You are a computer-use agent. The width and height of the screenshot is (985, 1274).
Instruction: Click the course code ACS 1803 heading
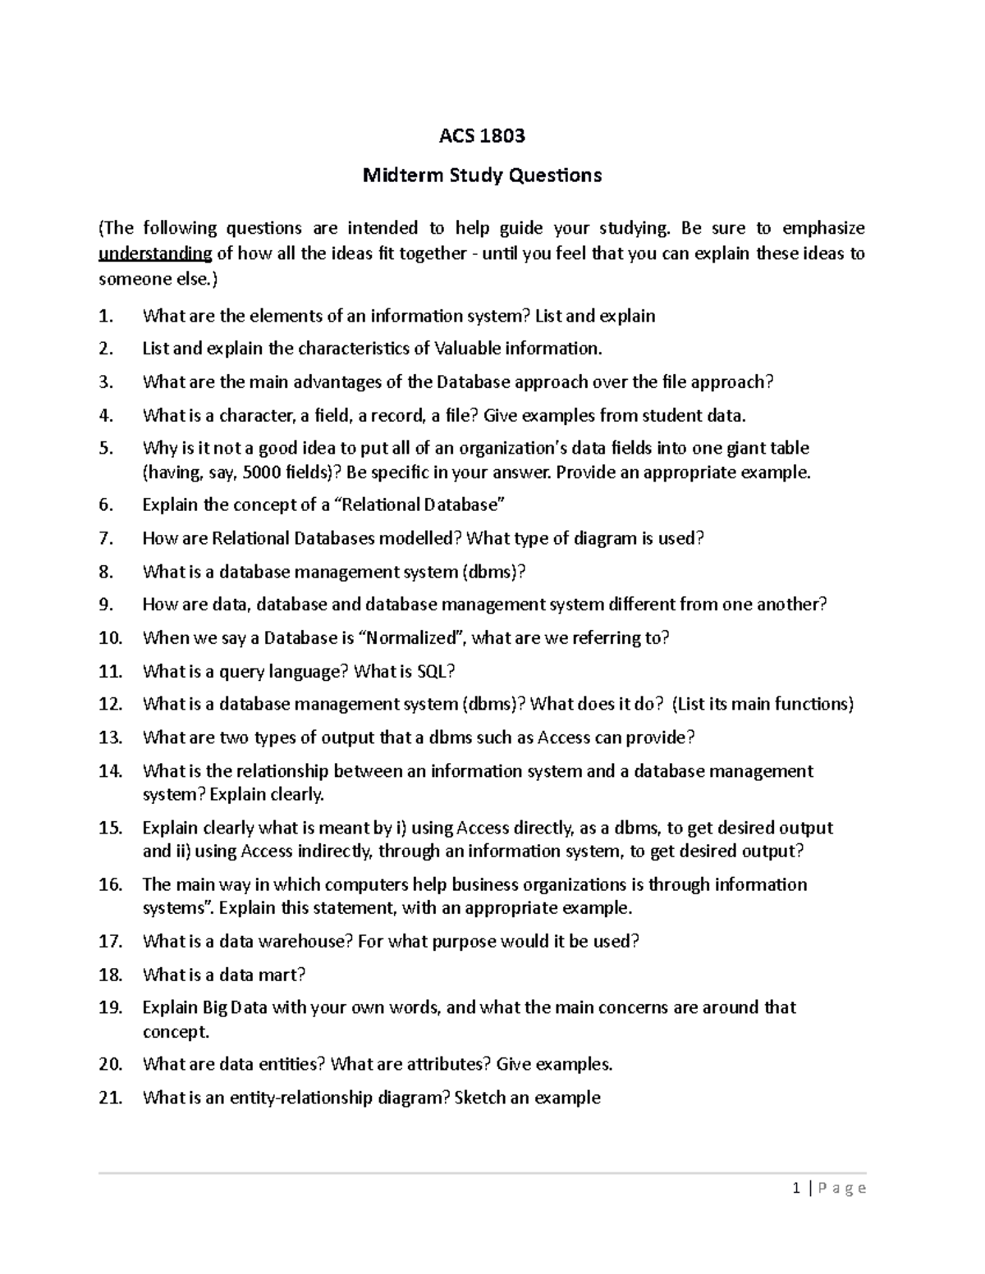click(482, 136)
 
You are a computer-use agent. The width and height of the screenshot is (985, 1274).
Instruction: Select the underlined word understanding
click(155, 253)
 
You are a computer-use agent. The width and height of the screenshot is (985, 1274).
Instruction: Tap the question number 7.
click(106, 539)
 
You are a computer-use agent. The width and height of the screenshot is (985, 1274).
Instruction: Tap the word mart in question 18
click(282, 975)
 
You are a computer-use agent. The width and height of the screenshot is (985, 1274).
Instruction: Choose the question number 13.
click(110, 737)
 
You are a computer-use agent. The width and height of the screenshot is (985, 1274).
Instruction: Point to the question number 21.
click(110, 1098)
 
